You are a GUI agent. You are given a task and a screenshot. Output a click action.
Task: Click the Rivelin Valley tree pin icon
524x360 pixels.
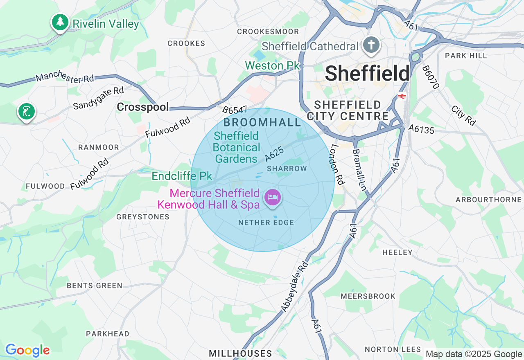pyautogui.click(x=60, y=22)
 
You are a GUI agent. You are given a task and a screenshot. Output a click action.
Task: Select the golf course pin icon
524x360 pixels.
pyautogui.click(x=27, y=111)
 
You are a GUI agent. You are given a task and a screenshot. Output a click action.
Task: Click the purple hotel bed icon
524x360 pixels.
pyautogui.click(x=273, y=198)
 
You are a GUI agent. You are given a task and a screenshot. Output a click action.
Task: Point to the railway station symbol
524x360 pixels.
pyautogui.click(x=402, y=96)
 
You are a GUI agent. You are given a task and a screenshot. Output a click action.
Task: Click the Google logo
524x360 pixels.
pyautogui.click(x=27, y=350)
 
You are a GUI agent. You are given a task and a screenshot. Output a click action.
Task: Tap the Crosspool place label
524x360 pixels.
pyautogui.click(x=142, y=107)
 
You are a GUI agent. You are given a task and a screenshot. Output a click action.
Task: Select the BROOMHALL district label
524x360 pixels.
pyautogui.click(x=262, y=122)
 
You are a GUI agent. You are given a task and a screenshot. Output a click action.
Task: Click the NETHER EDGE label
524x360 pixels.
pyautogui.click(x=266, y=223)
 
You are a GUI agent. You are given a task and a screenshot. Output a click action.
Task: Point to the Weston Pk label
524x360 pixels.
pyautogui.click(x=273, y=65)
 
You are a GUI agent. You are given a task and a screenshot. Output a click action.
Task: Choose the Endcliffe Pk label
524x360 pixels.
pyautogui.click(x=182, y=176)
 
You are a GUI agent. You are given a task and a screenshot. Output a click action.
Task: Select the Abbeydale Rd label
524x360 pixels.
pyautogui.click(x=294, y=286)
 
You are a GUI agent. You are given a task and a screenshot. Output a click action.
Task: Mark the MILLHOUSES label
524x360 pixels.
pyautogui.click(x=240, y=353)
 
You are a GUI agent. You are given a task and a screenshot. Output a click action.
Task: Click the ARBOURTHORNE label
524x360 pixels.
pyautogui.click(x=488, y=200)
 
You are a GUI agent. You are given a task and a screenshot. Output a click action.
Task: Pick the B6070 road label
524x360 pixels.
pyautogui.click(x=430, y=77)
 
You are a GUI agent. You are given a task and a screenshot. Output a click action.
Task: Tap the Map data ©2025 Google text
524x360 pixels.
pyautogui.click(x=474, y=354)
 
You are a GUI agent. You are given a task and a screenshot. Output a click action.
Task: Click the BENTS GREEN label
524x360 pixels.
pyautogui.click(x=94, y=286)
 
